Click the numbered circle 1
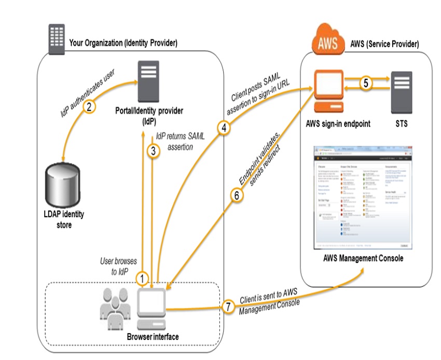(x=142, y=278)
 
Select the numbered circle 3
(x=153, y=151)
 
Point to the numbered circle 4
(x=224, y=128)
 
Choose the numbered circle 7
(x=229, y=307)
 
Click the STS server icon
(x=404, y=90)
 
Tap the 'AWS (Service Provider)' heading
(x=385, y=44)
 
